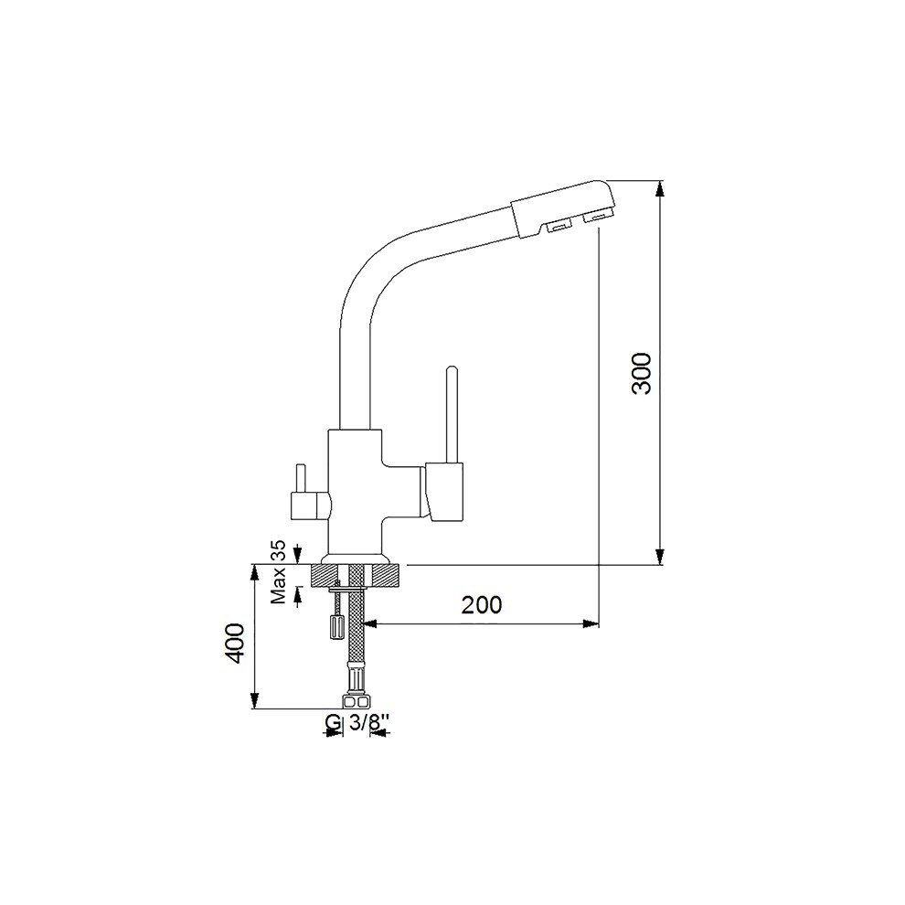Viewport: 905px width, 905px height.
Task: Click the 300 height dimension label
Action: [642, 374]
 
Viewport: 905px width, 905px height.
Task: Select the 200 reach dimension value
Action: [482, 604]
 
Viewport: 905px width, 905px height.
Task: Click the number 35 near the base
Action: [280, 550]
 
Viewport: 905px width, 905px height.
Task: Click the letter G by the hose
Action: [332, 722]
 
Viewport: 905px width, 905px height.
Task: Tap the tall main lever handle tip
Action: [452, 368]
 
